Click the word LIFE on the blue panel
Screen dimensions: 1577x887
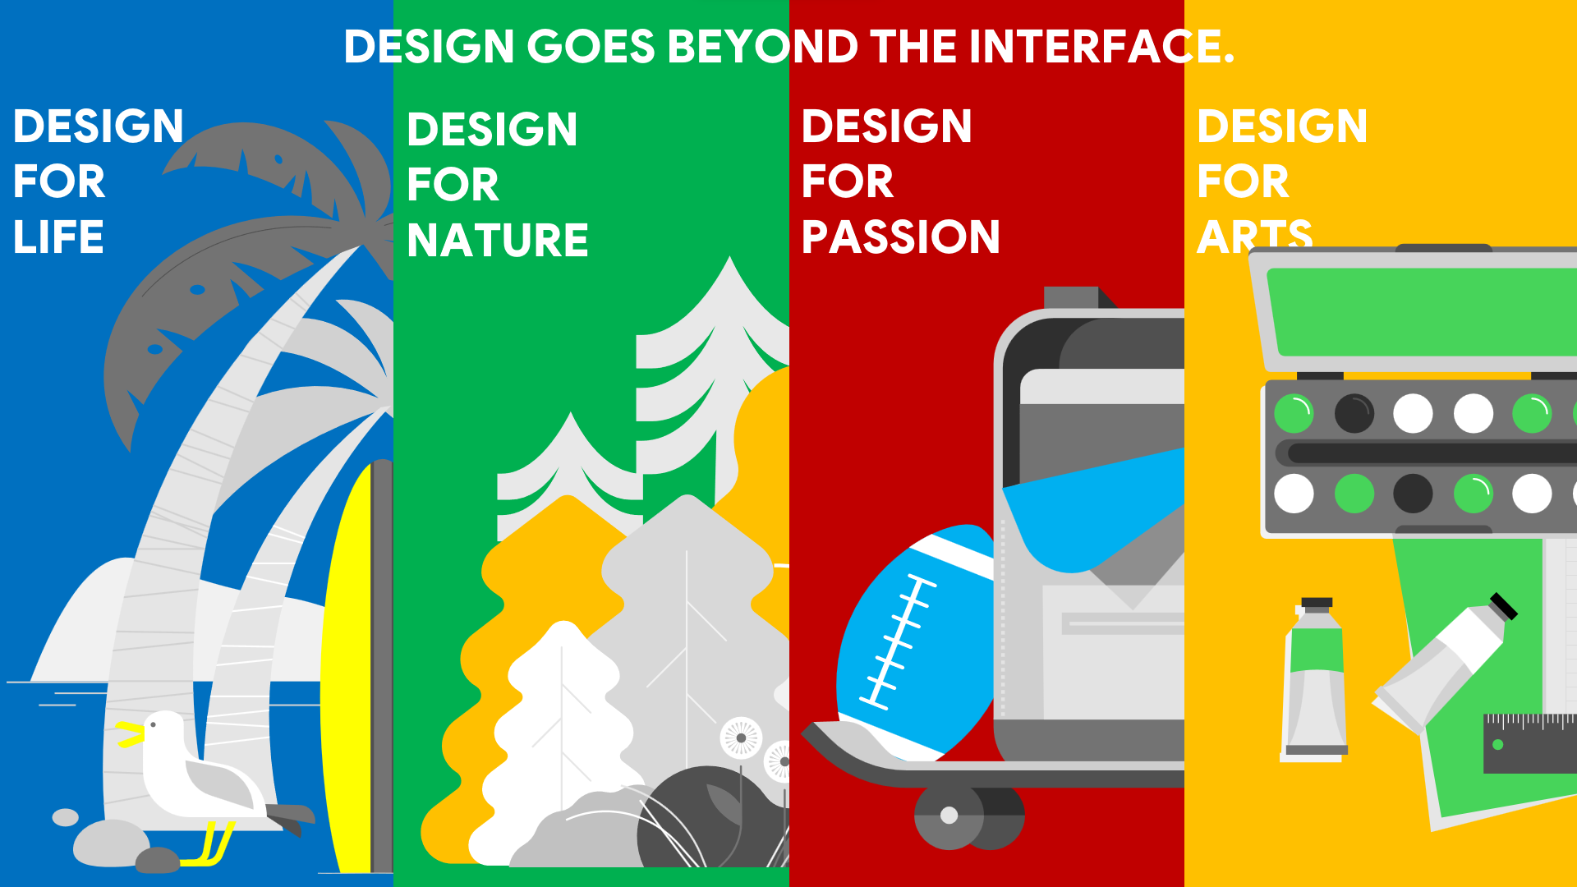[58, 237]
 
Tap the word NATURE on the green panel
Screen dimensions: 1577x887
[498, 240]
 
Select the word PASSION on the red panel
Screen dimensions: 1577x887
[901, 237]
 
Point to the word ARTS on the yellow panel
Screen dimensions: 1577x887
[1254, 236]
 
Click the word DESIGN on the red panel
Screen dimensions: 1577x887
[887, 126]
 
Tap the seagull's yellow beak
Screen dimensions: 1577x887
[128, 733]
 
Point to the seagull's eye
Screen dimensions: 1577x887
[153, 725]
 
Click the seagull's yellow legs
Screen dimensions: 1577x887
[210, 843]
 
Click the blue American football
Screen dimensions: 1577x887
[916, 641]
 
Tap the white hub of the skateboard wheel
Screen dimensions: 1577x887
[949, 815]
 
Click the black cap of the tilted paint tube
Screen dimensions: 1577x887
[1504, 606]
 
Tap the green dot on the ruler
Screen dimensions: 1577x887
[1497, 745]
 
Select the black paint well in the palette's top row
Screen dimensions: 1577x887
[1354, 413]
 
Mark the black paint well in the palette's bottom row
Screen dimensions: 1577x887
[1413, 494]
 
